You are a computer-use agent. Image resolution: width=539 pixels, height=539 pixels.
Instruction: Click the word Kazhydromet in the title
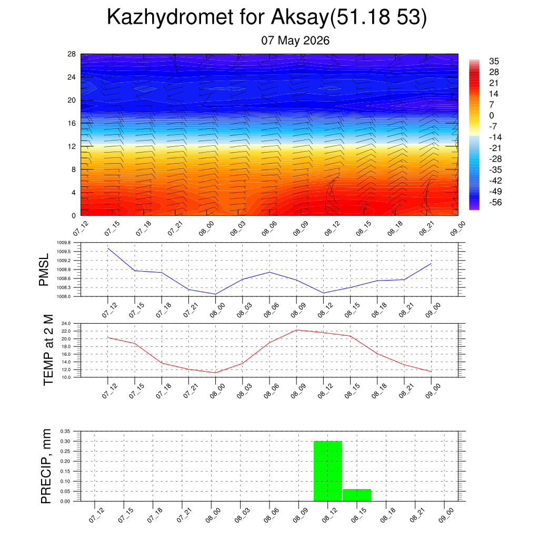(x=170, y=16)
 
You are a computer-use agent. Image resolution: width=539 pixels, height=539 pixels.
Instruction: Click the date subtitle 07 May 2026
(x=295, y=41)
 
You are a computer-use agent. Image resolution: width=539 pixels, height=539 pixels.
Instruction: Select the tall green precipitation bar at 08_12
(x=327, y=471)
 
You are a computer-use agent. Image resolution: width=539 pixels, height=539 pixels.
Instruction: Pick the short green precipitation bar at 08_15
(x=357, y=495)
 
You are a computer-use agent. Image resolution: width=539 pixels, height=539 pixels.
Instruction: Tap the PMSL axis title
(x=44, y=270)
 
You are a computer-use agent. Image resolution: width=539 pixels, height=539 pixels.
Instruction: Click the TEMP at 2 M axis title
(x=48, y=350)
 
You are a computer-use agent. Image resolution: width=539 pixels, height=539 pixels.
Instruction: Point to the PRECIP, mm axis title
(x=46, y=466)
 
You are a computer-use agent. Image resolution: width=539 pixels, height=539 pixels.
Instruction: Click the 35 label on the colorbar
(x=494, y=61)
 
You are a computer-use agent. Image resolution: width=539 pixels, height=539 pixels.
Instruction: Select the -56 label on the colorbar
(x=495, y=202)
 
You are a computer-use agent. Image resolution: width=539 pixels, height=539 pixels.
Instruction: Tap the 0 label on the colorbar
(x=492, y=115)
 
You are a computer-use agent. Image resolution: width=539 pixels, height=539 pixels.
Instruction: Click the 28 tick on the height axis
(x=72, y=54)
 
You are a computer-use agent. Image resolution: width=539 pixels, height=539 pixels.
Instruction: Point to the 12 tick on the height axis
(x=72, y=146)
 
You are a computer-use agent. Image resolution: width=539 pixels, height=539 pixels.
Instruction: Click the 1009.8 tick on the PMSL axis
(x=64, y=243)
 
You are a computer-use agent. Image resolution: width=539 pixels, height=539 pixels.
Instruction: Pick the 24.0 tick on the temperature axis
(x=66, y=324)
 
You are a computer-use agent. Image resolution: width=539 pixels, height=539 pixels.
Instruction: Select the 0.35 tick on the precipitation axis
(x=65, y=431)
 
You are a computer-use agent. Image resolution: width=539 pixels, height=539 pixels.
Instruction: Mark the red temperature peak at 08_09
(x=296, y=330)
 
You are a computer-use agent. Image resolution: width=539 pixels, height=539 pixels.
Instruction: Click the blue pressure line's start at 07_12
(x=108, y=248)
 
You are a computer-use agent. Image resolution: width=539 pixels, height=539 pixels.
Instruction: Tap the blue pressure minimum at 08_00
(x=215, y=294)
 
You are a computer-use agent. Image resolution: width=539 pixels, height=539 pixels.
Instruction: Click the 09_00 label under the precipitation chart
(x=446, y=515)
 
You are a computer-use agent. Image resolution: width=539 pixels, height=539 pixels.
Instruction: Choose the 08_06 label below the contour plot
(x=269, y=228)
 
